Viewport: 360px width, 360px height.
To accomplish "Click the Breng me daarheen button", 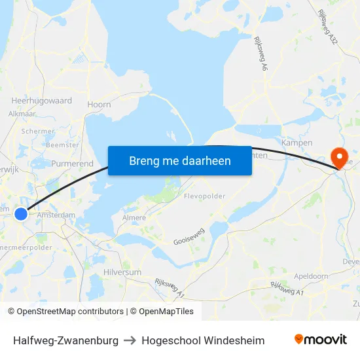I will [x=180, y=160].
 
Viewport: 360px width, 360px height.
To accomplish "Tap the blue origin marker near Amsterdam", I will [x=21, y=214].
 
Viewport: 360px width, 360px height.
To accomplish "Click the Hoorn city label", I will [x=99, y=104].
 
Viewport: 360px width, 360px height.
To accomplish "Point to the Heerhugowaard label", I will [x=42, y=101].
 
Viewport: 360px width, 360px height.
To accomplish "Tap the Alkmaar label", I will [x=22, y=113].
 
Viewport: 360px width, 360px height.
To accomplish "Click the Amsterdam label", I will [x=56, y=214].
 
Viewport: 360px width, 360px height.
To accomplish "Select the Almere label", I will [x=135, y=217].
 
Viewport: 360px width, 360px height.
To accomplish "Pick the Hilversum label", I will [x=122, y=272].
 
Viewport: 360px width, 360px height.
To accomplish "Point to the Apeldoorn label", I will [x=312, y=276].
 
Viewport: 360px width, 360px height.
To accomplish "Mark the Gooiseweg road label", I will [x=189, y=238].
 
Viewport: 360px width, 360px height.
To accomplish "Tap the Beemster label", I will [x=64, y=145].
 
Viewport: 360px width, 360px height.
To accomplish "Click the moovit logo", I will [x=321, y=340].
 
